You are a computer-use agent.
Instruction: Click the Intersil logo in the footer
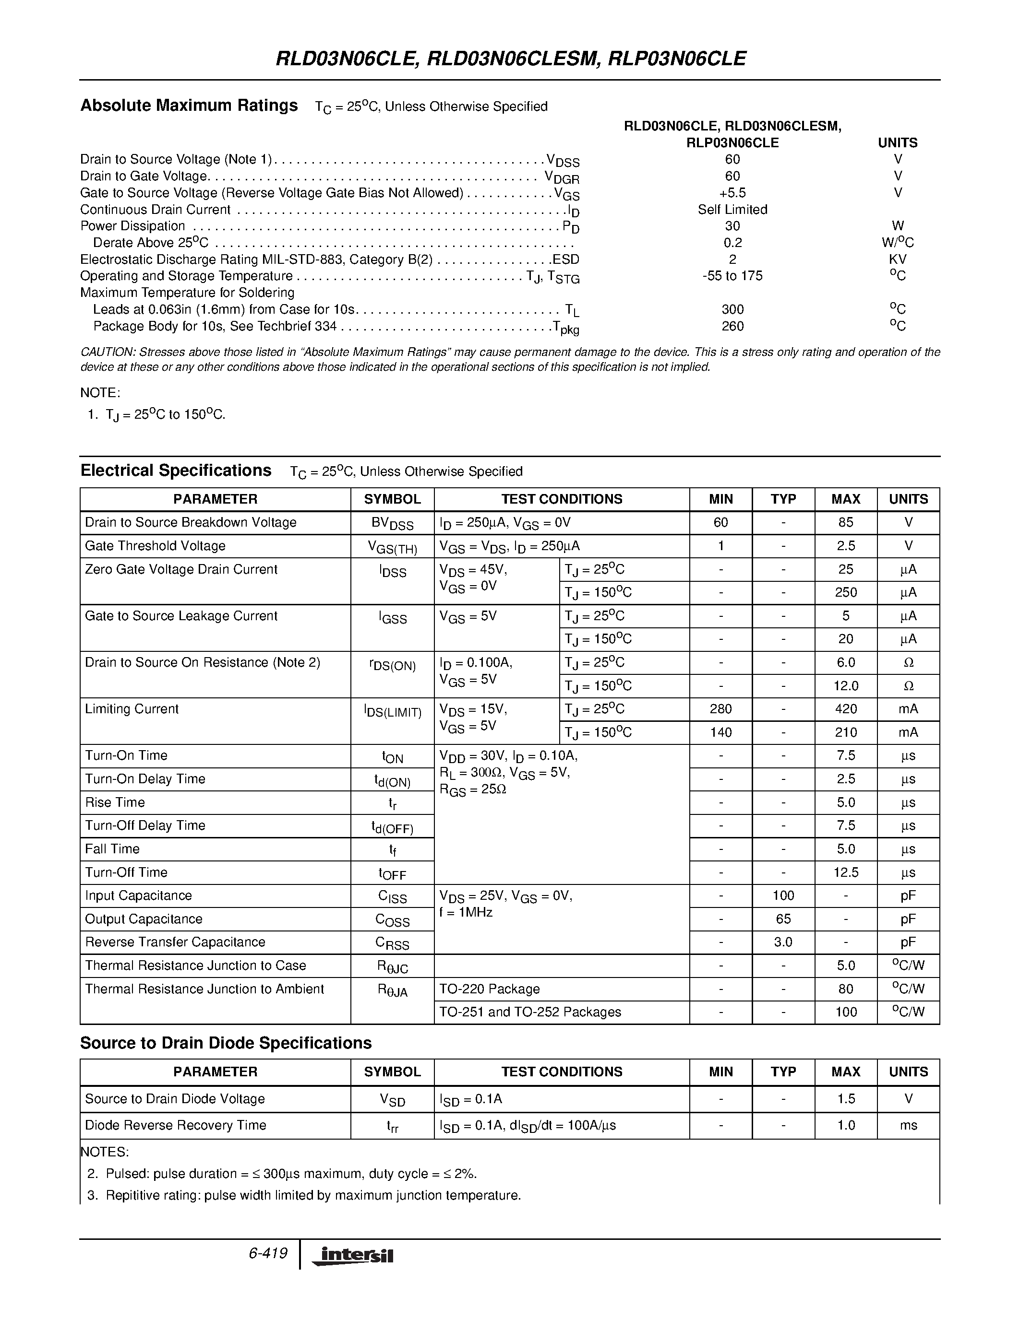[x=352, y=1256]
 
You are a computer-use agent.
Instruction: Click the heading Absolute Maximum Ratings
[x=189, y=106]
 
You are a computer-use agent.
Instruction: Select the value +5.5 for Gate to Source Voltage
[x=732, y=193]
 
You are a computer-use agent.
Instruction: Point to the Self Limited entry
[x=732, y=210]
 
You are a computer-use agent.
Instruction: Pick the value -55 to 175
[x=732, y=276]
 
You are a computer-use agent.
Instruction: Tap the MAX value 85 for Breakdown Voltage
[x=845, y=522]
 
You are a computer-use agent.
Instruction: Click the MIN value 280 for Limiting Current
[x=720, y=709]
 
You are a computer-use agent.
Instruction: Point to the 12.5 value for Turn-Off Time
[x=845, y=872]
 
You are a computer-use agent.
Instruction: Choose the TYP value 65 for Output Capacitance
[x=783, y=919]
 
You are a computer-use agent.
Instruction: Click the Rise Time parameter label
[x=115, y=802]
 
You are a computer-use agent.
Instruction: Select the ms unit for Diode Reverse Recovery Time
[x=908, y=1125]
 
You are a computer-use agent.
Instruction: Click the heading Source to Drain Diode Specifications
[x=226, y=1043]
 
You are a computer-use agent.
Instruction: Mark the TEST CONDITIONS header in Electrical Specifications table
[x=562, y=499]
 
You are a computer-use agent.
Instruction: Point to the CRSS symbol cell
[x=392, y=943]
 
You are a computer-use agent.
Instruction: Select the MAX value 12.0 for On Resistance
[x=845, y=685]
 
